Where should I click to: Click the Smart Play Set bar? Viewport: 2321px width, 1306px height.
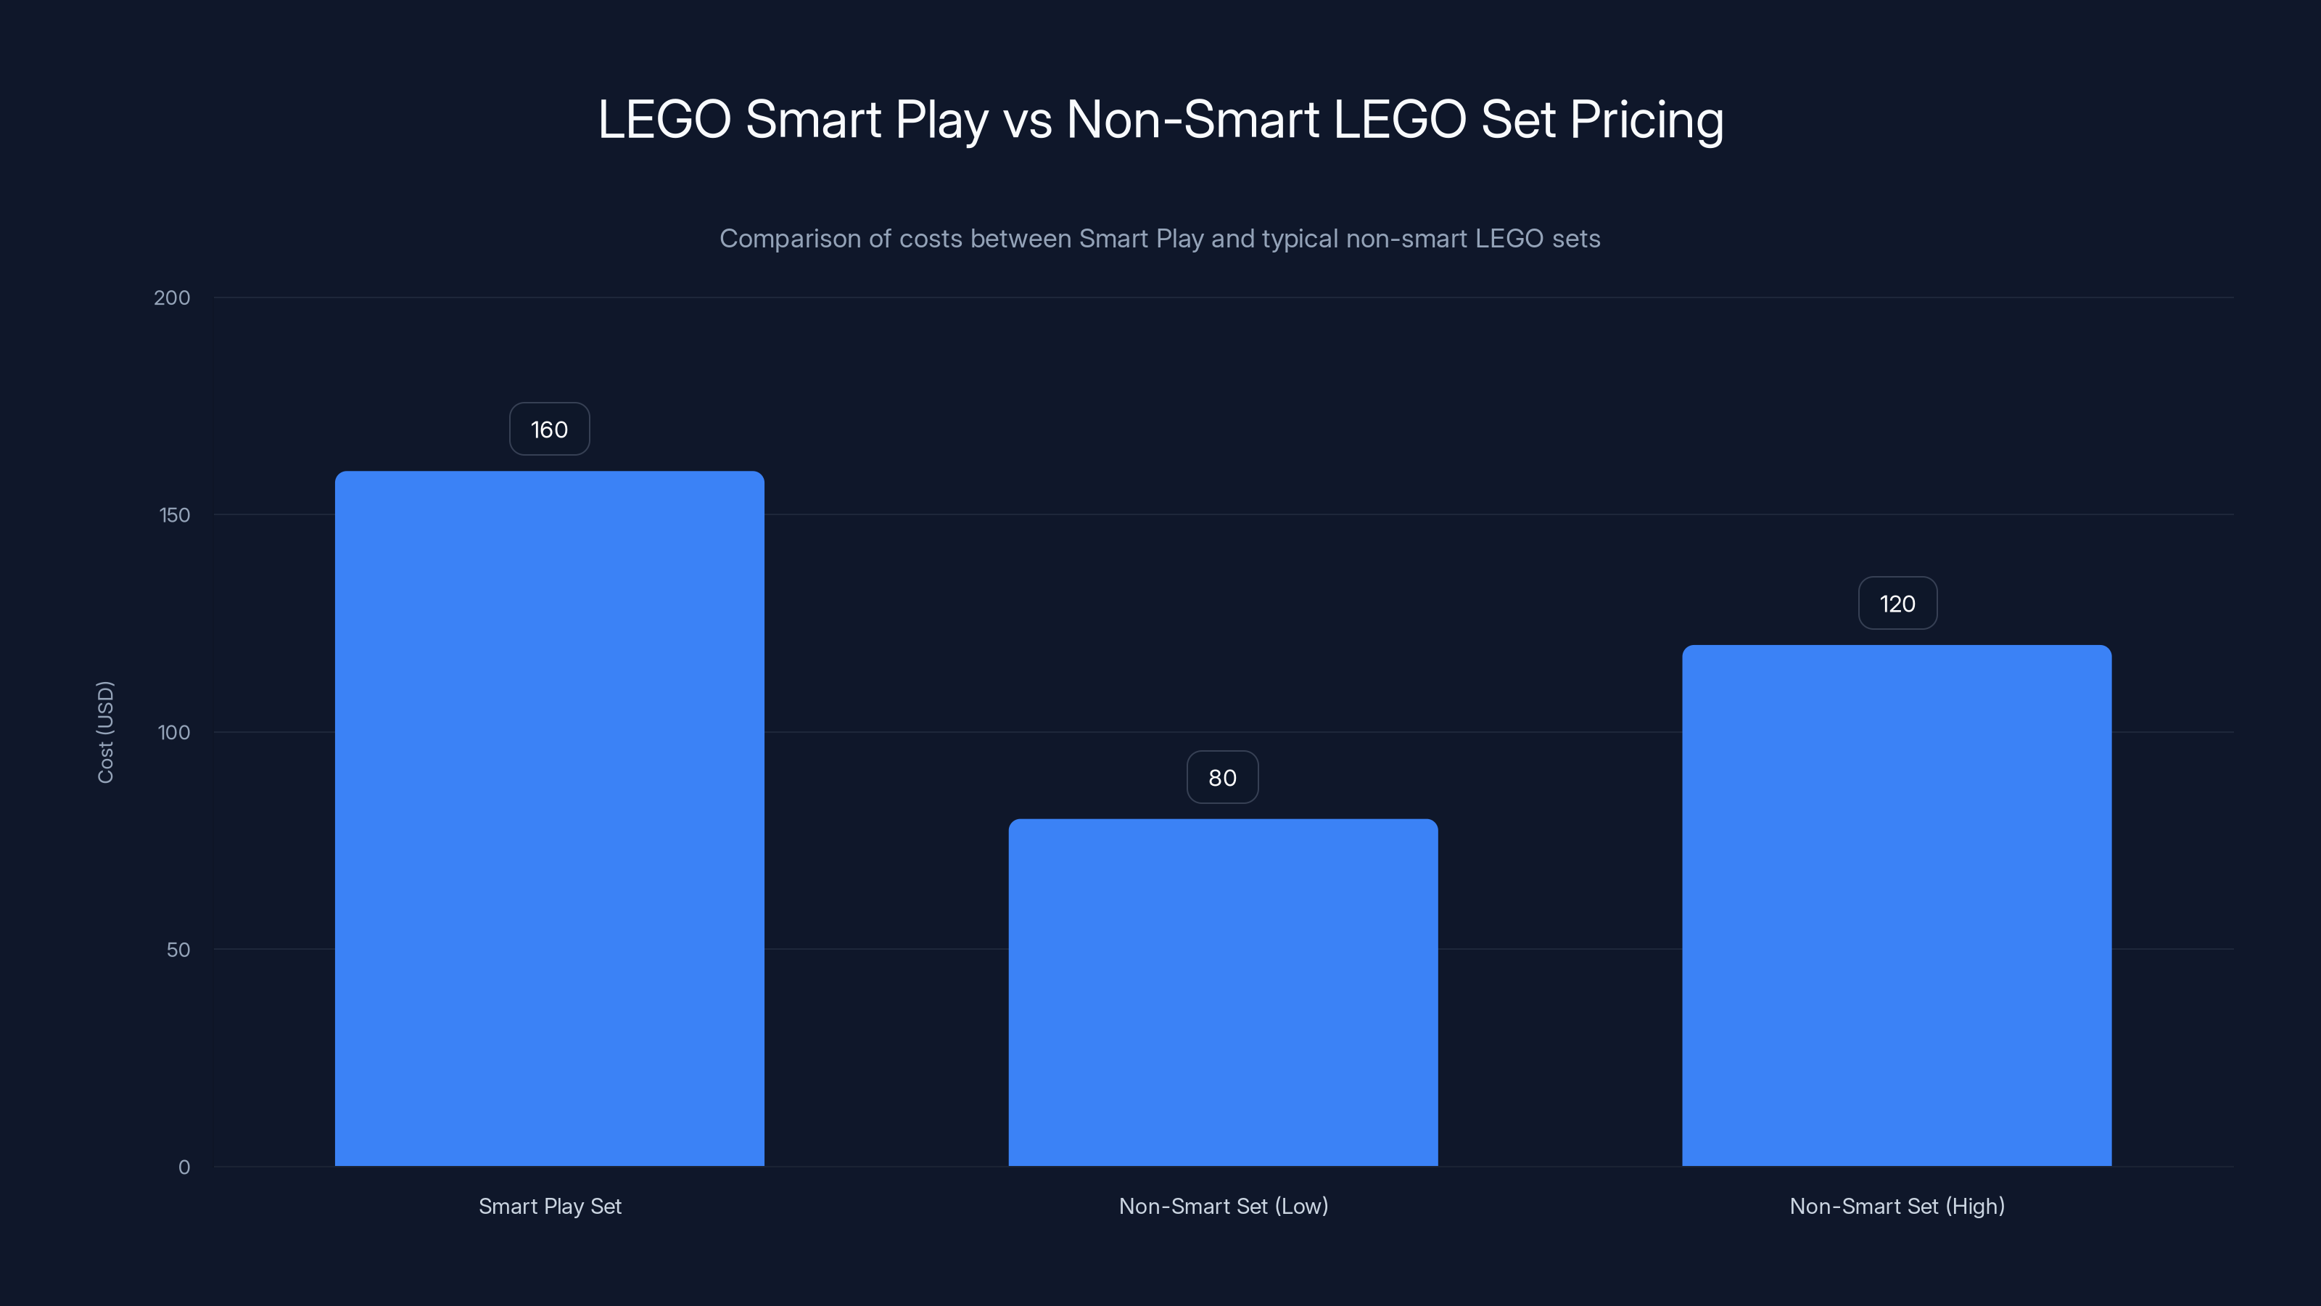click(550, 818)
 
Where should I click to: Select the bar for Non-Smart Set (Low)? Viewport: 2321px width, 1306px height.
click(1223, 991)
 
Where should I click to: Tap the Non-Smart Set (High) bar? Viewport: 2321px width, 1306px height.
click(1897, 905)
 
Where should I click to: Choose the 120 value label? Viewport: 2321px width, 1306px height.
click(1897, 604)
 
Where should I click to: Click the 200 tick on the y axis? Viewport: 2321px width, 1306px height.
click(172, 297)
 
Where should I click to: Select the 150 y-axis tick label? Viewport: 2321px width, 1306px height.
click(175, 514)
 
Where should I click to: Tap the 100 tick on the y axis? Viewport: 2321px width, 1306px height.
click(174, 732)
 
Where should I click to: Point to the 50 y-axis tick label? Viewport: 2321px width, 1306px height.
click(178, 949)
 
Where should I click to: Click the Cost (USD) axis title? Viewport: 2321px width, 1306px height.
click(105, 732)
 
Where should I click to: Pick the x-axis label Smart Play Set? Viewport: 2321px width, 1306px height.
click(550, 1206)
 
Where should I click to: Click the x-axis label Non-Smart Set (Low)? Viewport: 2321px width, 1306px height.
click(1223, 1206)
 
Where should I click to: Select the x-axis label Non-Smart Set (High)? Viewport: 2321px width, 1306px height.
click(1897, 1206)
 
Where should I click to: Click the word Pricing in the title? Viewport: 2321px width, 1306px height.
click(1646, 120)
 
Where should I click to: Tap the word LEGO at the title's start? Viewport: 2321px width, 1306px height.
click(664, 120)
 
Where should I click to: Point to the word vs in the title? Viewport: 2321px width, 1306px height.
click(1027, 120)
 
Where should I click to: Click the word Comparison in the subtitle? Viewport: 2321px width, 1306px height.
click(789, 239)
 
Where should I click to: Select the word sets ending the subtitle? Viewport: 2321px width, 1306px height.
click(1576, 239)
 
